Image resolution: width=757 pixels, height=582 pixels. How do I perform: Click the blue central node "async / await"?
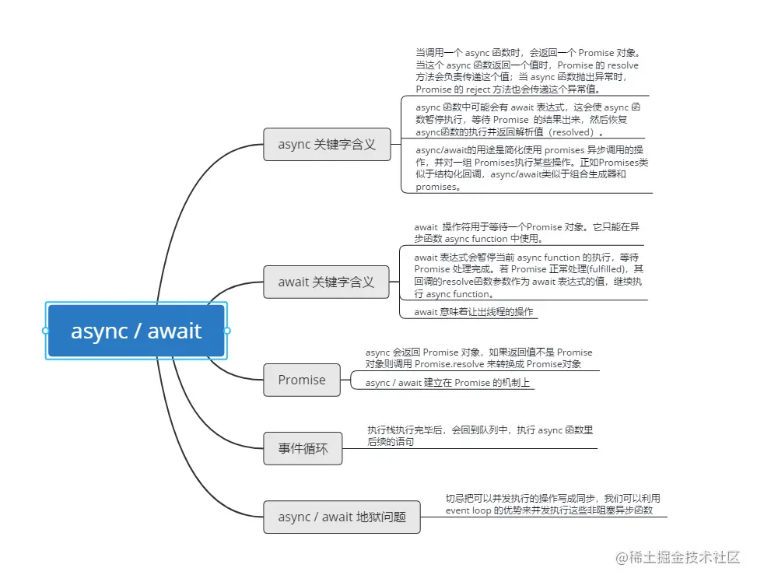tap(136, 331)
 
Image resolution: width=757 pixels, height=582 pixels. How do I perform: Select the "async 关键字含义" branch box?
tap(327, 144)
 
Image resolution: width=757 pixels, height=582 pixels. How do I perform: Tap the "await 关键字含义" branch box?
tap(326, 282)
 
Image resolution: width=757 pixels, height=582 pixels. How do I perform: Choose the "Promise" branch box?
tap(302, 380)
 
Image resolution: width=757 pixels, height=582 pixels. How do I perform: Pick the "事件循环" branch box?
tap(303, 448)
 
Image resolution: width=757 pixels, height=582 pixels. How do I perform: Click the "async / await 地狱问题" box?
tap(342, 517)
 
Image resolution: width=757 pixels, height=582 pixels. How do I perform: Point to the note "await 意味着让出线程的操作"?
tap(474, 311)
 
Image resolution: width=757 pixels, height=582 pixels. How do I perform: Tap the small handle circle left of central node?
tap(46, 331)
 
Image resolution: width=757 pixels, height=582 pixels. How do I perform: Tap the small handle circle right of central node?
tap(227, 331)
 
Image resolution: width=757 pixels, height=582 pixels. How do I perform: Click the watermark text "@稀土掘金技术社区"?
tap(678, 557)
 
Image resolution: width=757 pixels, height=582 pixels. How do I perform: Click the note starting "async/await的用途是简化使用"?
tap(532, 168)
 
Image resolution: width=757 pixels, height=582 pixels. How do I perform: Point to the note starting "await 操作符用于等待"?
tap(527, 233)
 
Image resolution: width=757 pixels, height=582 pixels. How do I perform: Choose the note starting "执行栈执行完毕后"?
tap(480, 435)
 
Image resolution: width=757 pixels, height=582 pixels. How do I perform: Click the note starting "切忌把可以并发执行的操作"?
tap(552, 503)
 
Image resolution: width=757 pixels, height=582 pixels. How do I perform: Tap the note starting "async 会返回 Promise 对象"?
tap(478, 358)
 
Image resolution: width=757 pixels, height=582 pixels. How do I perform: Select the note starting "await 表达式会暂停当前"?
tap(528, 275)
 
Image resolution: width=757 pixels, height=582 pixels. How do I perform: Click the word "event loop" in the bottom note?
tap(468, 510)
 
